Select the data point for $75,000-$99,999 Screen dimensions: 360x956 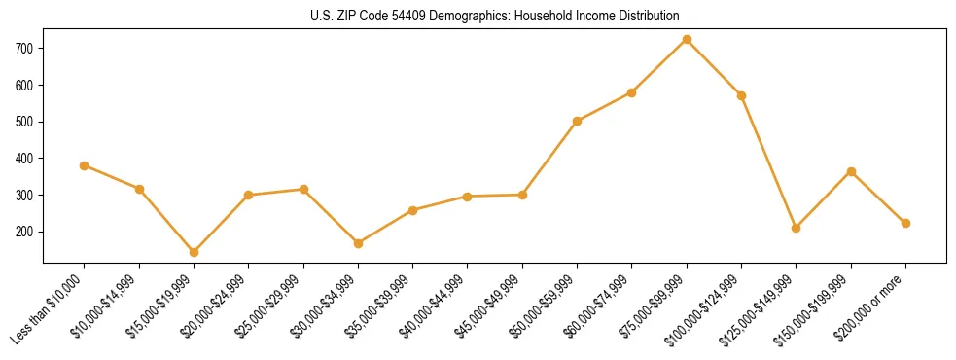687,39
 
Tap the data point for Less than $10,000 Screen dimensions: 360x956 85,165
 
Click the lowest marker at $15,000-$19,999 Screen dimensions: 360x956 195,252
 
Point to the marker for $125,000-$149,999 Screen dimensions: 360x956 797,228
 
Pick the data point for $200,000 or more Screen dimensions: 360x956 905,223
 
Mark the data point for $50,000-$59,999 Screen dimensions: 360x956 578,121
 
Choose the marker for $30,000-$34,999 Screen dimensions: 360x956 359,243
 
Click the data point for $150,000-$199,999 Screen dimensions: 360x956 851,171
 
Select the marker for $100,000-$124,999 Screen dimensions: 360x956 742,95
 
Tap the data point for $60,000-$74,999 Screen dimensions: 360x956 632,92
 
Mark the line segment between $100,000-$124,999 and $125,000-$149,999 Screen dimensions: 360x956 769,162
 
